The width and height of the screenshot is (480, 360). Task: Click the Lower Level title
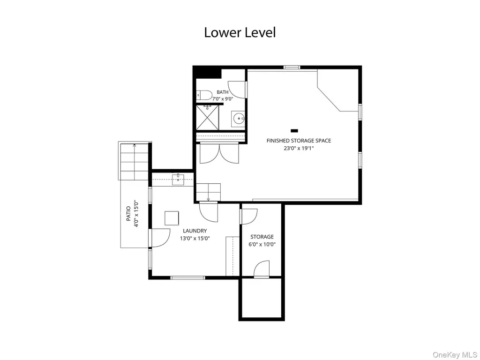[x=240, y=32]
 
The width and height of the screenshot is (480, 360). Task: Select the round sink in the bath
[x=239, y=118]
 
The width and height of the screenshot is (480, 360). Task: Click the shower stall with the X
[x=208, y=117]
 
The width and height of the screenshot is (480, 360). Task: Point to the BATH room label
[x=223, y=92]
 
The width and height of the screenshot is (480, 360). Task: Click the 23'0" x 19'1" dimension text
[x=299, y=149]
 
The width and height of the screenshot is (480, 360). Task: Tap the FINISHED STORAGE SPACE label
[x=299, y=141]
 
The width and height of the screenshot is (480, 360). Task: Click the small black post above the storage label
[x=294, y=131]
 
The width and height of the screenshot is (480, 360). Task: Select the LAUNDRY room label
[x=195, y=231]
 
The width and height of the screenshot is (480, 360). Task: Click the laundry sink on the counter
[x=178, y=180]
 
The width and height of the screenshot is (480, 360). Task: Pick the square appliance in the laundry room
[x=172, y=218]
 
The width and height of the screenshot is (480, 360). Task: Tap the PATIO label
[x=128, y=214]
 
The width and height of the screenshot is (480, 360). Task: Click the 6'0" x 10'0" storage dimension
[x=262, y=244]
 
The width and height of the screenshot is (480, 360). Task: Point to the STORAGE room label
[x=262, y=237]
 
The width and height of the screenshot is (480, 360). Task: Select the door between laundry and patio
[x=159, y=238]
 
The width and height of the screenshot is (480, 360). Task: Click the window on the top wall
[x=292, y=67]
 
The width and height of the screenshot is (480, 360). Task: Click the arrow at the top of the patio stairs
[x=135, y=145]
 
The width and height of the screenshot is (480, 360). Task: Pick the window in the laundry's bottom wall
[x=187, y=277]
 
